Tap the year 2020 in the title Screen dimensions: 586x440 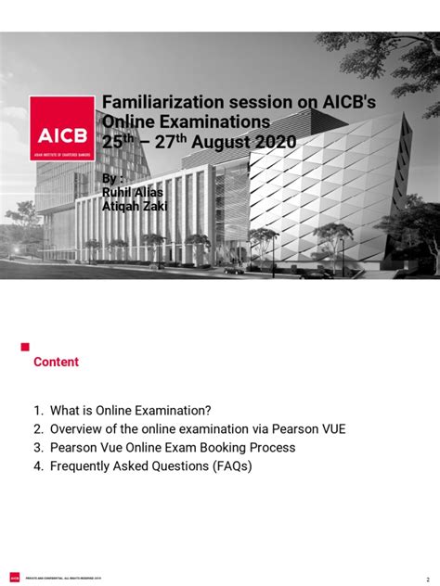(270, 143)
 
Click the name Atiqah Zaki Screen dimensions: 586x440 (134, 206)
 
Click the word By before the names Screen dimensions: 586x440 (111, 177)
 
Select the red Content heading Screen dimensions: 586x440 (57, 362)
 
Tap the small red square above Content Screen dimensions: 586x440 (26, 346)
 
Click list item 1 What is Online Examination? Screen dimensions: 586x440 (135, 411)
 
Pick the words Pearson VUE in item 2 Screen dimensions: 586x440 (305, 429)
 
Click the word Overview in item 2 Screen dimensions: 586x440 (78, 429)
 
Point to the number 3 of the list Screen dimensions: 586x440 (38, 448)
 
